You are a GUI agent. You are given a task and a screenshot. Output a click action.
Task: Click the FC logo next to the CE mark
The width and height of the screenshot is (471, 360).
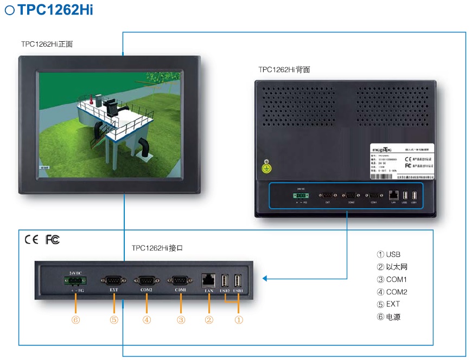click(x=53, y=239)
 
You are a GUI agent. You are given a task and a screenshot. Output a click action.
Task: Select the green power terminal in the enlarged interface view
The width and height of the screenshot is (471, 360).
click(x=74, y=280)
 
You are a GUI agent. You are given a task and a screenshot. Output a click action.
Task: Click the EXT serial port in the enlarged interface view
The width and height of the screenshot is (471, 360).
click(x=113, y=280)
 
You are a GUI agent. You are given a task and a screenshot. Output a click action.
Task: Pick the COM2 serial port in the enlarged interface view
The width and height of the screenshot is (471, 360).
click(x=147, y=280)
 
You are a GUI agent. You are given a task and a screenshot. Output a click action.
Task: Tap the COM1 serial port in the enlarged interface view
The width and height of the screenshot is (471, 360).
click(x=180, y=280)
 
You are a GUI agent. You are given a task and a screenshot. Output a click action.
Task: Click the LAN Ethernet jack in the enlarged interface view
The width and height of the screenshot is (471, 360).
click(x=208, y=280)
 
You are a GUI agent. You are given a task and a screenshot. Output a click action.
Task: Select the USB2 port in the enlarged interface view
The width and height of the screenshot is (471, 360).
click(x=225, y=280)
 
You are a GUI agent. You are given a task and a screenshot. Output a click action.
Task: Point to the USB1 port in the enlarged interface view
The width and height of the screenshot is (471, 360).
click(x=238, y=280)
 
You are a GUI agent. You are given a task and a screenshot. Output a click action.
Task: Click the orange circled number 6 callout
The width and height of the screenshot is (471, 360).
click(x=75, y=320)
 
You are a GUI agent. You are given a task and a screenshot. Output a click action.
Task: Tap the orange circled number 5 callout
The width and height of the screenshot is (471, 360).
click(x=113, y=320)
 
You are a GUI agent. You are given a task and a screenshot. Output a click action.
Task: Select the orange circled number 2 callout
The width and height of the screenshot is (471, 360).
click(x=209, y=320)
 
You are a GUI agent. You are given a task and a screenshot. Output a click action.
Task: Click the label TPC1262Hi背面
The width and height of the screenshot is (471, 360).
click(x=284, y=70)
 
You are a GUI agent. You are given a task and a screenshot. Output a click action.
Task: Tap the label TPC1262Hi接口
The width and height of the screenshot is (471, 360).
click(x=157, y=248)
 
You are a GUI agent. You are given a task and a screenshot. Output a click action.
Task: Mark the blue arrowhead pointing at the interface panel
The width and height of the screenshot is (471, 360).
click(x=265, y=279)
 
